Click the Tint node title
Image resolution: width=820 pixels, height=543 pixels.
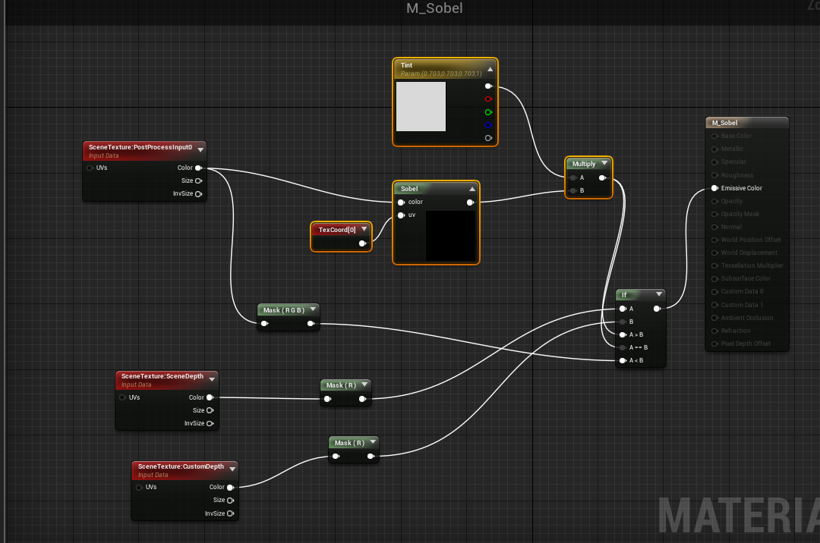click(x=407, y=66)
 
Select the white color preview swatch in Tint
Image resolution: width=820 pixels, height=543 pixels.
click(x=421, y=107)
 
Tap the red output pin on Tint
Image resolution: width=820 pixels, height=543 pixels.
click(x=488, y=99)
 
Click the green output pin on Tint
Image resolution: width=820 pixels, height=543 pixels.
click(x=488, y=112)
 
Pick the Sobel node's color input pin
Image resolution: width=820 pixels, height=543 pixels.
click(x=401, y=202)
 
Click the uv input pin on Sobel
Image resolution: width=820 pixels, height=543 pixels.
click(x=401, y=215)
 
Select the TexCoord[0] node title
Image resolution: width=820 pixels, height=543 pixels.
click(x=337, y=230)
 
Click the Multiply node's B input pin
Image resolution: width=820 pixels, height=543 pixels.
click(x=572, y=191)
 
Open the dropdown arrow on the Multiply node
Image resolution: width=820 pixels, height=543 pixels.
click(x=604, y=164)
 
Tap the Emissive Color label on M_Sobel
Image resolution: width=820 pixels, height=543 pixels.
click(x=742, y=188)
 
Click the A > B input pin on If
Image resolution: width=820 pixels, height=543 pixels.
click(x=623, y=334)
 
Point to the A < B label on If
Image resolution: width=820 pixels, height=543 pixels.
click(x=636, y=360)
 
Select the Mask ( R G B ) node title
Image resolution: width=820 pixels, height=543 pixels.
click(x=283, y=310)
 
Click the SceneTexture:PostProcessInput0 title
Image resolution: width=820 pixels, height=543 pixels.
click(x=140, y=147)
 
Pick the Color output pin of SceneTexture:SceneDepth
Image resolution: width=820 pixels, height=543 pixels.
click(x=210, y=397)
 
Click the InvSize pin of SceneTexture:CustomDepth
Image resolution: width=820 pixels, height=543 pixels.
click(x=230, y=513)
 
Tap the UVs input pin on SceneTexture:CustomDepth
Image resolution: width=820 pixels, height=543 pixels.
click(x=139, y=488)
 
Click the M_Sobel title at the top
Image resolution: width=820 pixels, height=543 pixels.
click(x=434, y=9)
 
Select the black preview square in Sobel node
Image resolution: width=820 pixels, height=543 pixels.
click(x=451, y=236)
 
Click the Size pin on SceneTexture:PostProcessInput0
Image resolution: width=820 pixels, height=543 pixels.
click(x=199, y=181)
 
